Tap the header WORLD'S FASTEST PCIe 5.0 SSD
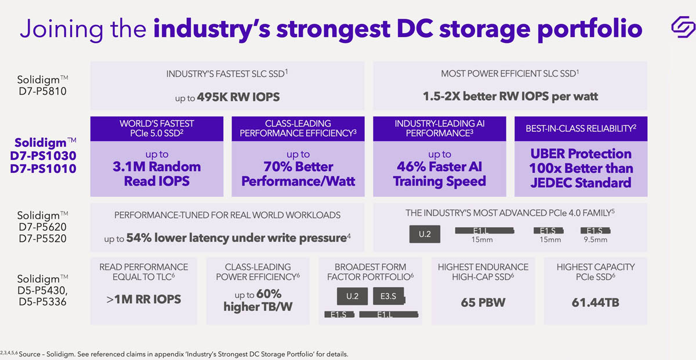click(157, 128)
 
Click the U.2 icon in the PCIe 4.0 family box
click(425, 234)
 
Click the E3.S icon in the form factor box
click(388, 296)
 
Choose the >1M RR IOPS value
click(143, 299)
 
